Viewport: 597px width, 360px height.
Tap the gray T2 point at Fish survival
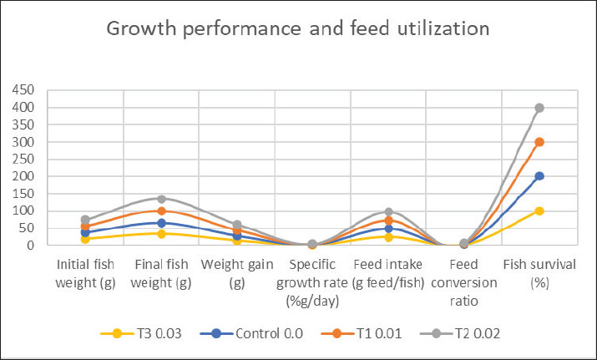click(539, 108)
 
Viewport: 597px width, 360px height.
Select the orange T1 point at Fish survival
click(539, 142)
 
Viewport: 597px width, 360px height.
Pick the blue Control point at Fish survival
click(539, 176)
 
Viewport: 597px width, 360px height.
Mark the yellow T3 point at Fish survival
click(539, 211)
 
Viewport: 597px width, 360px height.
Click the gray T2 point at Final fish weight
click(161, 199)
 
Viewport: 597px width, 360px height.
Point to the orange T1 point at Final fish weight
click(161, 211)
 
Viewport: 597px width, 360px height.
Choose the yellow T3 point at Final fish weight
click(161, 234)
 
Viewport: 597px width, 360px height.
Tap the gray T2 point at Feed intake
click(388, 212)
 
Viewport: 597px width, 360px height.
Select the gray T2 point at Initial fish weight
click(85, 220)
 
